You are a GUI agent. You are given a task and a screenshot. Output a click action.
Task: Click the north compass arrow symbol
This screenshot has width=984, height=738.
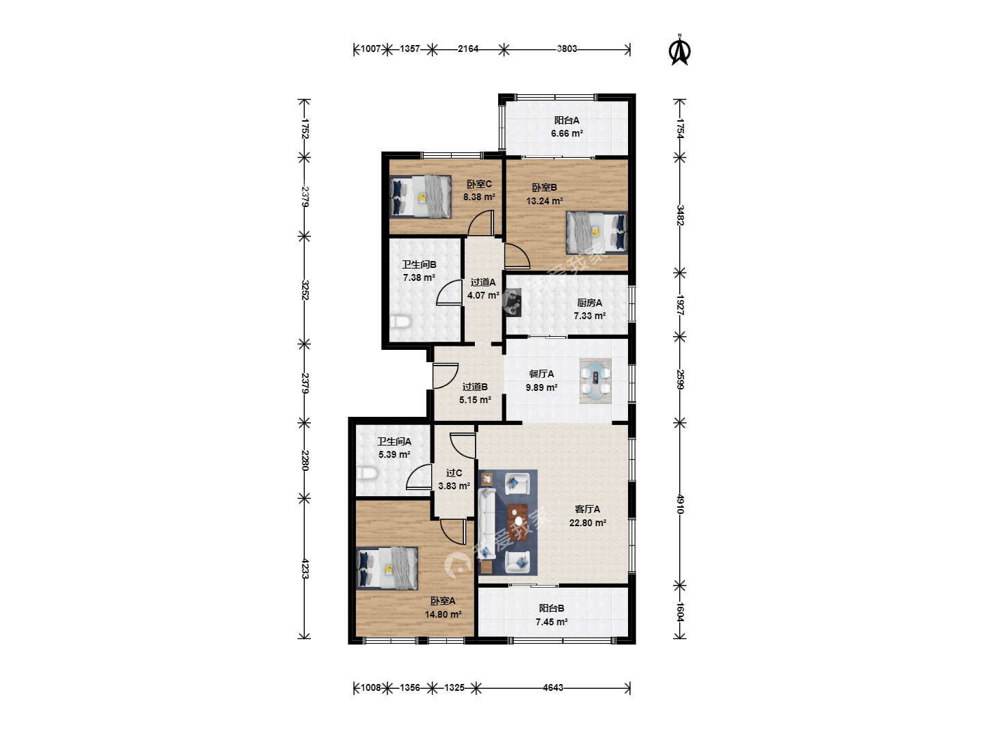coord(680,50)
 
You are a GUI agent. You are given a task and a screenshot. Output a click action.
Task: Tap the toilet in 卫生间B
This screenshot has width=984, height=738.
coord(400,322)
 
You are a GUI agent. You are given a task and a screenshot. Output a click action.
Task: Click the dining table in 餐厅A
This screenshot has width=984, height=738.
coord(595,381)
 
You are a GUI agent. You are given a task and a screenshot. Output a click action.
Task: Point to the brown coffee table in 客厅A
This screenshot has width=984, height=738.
coord(517,522)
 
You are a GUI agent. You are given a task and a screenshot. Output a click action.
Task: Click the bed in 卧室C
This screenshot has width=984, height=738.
coord(420,196)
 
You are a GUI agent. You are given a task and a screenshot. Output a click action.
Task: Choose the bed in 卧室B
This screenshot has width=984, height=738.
coord(597,232)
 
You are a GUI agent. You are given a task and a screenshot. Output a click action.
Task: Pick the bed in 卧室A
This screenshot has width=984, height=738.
coord(387,568)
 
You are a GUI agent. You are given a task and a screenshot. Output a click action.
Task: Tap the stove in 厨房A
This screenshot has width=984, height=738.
coord(514,303)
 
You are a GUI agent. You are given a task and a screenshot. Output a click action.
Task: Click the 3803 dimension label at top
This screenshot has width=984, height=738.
coord(566,49)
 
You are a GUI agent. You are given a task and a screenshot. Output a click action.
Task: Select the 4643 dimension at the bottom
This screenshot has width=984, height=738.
coord(553,687)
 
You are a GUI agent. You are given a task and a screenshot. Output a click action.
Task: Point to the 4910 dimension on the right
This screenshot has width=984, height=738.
coord(680,504)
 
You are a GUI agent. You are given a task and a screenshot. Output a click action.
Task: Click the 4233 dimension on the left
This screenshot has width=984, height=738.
coord(304,568)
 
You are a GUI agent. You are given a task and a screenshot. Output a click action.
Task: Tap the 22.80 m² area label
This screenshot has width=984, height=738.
coord(588,523)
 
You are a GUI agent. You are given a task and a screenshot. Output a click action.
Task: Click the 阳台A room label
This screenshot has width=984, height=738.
coord(566,120)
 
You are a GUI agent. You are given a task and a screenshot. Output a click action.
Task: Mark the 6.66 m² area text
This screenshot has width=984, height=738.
coord(566,133)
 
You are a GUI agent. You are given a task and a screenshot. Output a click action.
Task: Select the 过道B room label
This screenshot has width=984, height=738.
coord(475,386)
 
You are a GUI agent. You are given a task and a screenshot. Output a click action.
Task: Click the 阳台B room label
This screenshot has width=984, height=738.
coord(551,608)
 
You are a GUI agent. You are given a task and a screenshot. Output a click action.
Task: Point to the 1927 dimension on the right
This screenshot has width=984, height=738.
coord(680,305)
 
